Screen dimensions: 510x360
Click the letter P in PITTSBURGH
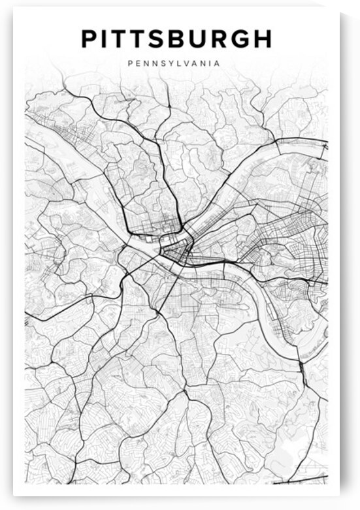[x=90, y=39]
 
